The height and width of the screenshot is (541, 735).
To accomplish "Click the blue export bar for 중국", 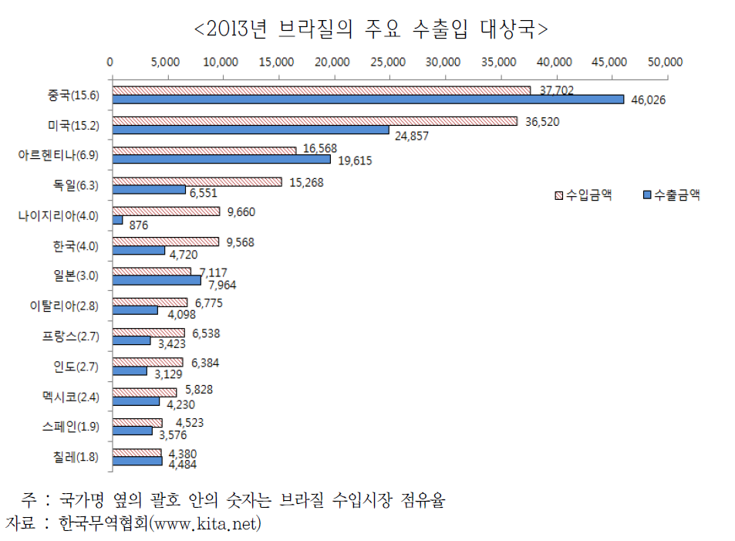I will coord(368,100).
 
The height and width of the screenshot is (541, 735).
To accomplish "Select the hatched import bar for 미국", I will coord(315,120).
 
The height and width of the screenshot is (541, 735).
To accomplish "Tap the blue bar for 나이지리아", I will coord(117,220).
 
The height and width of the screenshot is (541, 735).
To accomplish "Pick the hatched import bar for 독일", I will coord(197,181).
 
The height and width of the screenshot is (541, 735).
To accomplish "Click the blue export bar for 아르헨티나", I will coord(221,160).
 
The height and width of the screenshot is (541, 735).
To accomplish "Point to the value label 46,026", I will coord(647,100).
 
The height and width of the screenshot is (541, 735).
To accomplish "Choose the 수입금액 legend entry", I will coord(584,195).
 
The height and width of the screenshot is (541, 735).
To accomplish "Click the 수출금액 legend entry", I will coord(670,195).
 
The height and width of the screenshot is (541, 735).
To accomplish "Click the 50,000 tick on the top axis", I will coord(666,62).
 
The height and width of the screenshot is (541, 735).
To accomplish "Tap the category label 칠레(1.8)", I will coord(76,456).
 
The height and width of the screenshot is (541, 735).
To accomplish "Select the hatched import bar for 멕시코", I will coord(144,392).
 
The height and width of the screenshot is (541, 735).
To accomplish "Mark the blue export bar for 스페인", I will coord(132,431).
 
